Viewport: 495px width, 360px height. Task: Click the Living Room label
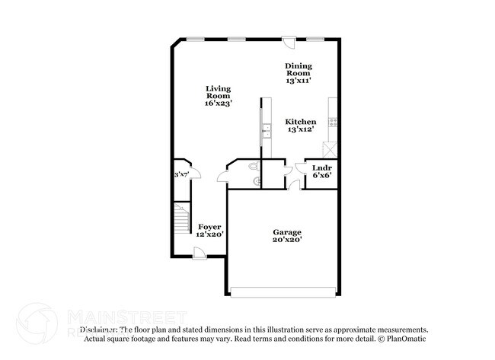[218, 92]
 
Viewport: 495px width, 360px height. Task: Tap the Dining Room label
[298, 69]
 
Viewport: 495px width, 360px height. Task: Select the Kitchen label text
[301, 122]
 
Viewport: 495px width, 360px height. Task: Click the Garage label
[288, 232]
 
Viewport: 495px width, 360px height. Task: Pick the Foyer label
[210, 227]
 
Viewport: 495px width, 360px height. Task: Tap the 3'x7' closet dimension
[181, 175]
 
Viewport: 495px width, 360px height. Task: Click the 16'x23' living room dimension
[218, 103]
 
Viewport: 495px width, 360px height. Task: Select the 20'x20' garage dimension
[288, 240]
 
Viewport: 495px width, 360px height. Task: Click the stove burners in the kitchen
[332, 121]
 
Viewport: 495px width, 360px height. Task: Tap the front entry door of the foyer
[199, 253]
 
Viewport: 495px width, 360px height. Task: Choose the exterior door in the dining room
[289, 43]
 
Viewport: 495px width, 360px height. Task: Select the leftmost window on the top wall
[197, 39]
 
